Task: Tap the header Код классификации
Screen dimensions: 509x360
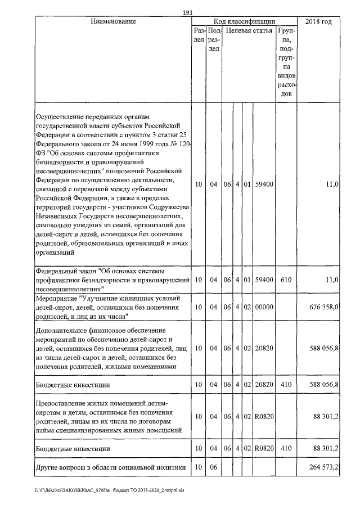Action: point(248,21)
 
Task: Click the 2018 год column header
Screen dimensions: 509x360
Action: point(318,21)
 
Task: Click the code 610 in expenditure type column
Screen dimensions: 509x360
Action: point(286,279)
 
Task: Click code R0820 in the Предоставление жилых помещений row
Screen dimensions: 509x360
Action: point(264,417)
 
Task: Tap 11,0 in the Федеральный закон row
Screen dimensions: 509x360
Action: point(332,279)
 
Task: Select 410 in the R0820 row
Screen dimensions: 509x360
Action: point(286,448)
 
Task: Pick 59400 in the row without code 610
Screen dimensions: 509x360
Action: point(264,184)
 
